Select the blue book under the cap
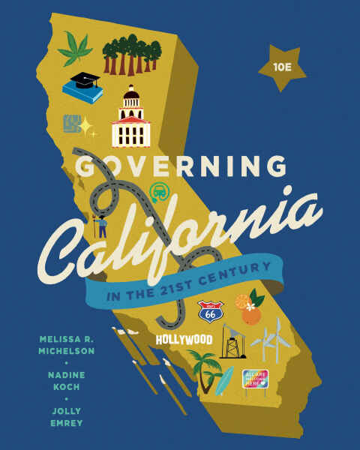click(81, 94)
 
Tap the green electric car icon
click(157, 193)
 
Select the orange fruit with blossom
click(250, 311)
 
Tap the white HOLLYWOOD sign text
click(184, 340)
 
